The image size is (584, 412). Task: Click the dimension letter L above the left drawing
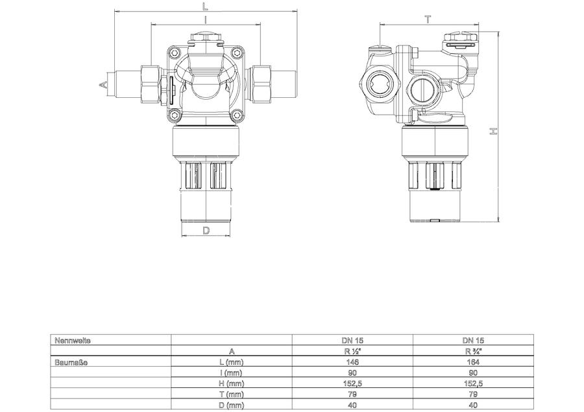pyautogui.click(x=205, y=6)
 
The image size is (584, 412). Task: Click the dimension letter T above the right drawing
pyautogui.click(x=428, y=19)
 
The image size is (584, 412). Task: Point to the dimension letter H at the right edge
pyautogui.click(x=493, y=132)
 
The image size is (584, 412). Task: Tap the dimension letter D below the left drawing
pyautogui.click(x=206, y=231)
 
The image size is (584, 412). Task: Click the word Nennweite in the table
pyautogui.click(x=73, y=340)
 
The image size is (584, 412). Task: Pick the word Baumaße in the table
pyautogui.click(x=71, y=362)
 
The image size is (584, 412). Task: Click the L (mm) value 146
pyautogui.click(x=352, y=362)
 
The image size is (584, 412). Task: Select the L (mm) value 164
pyautogui.click(x=473, y=362)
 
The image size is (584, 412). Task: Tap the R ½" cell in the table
pyautogui.click(x=352, y=351)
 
